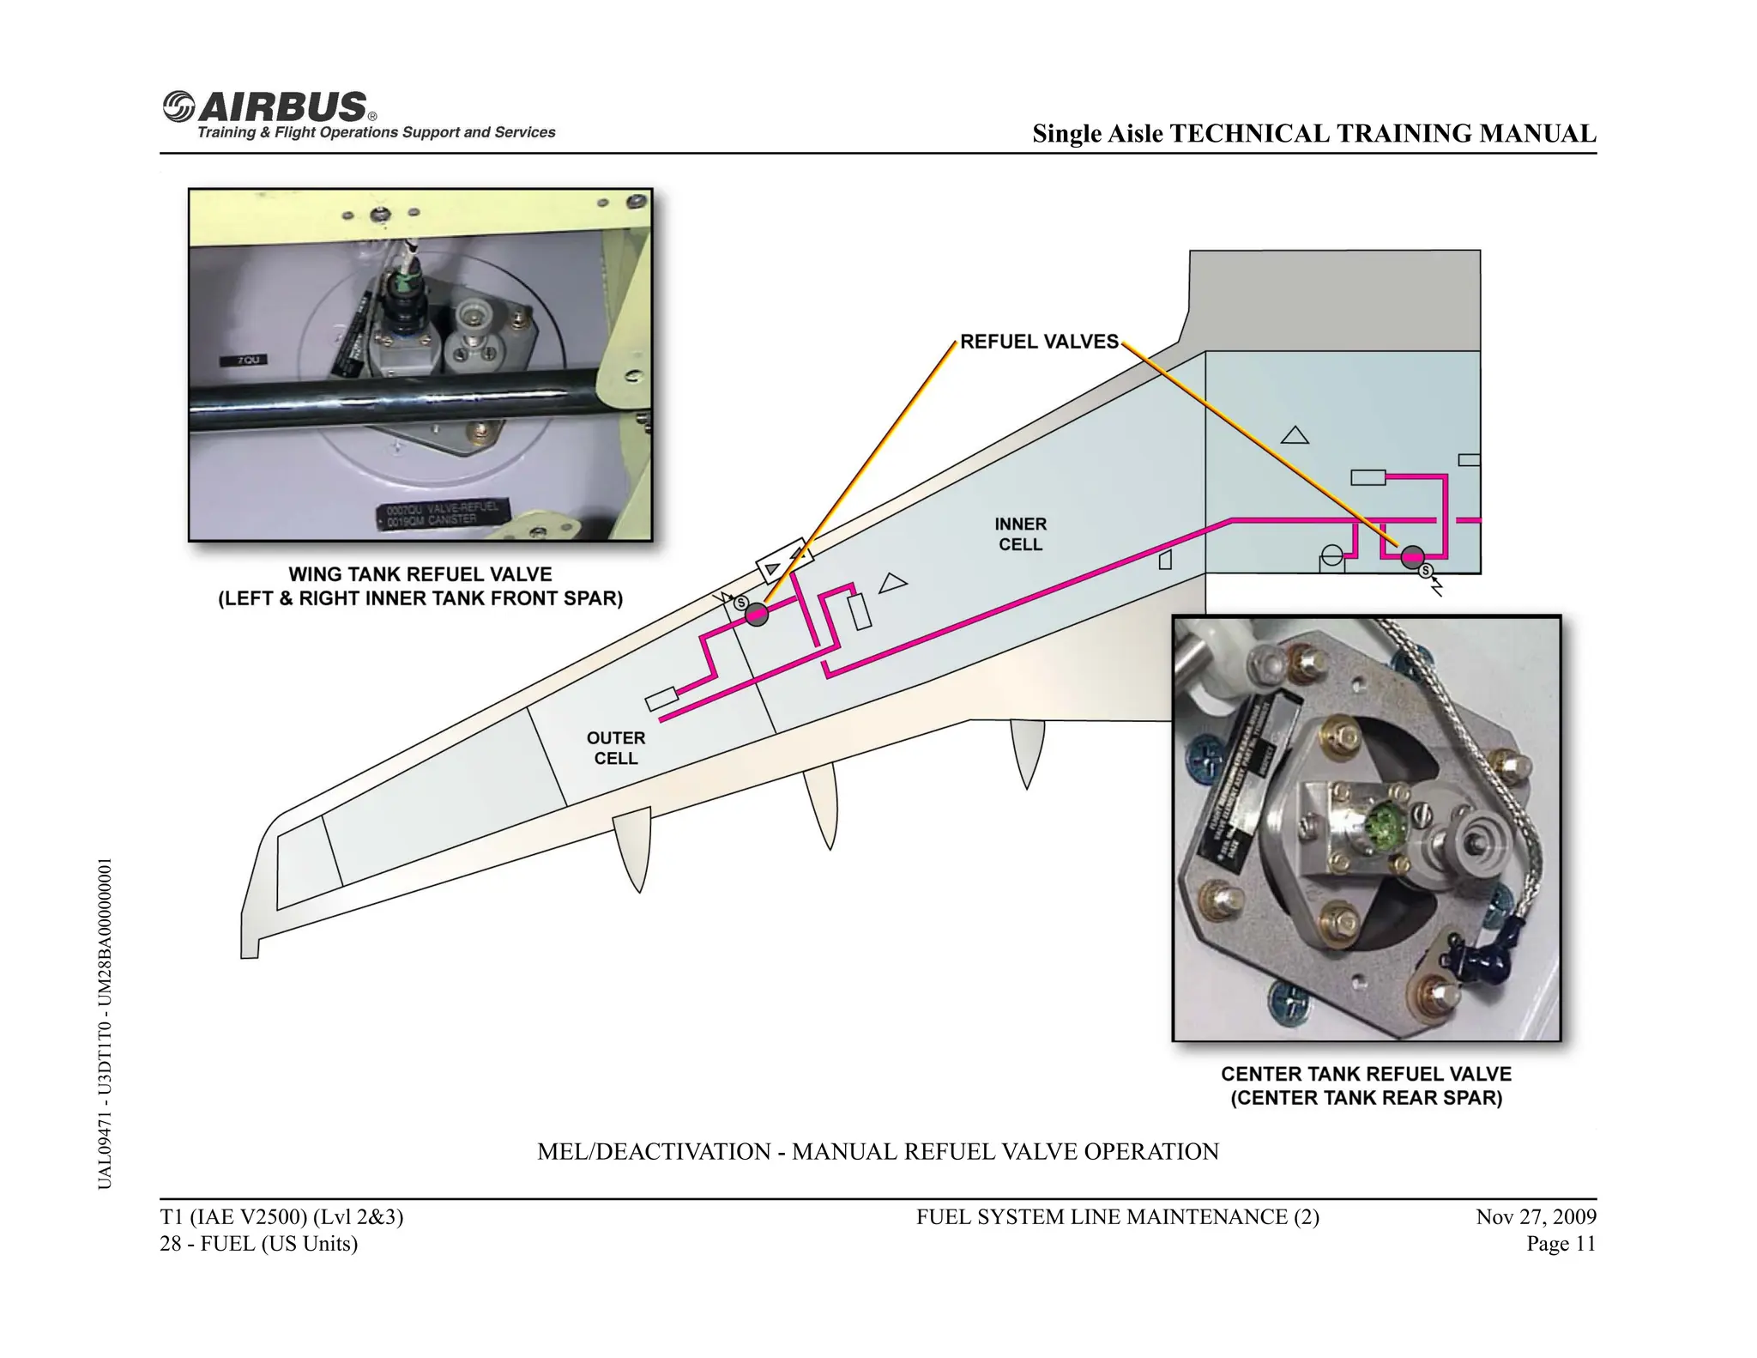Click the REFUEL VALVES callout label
tap(1039, 342)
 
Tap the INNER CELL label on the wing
tap(1020, 534)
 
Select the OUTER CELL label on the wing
tap(615, 748)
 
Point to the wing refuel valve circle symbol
tap(757, 615)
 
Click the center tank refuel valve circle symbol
tap(1412, 558)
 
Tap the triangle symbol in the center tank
tap(1295, 435)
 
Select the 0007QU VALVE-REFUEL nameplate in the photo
tap(443, 513)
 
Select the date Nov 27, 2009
tap(1536, 1216)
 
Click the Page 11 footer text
tap(1561, 1244)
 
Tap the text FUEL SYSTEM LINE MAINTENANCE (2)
tap(1117, 1216)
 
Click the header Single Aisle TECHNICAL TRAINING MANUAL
tap(1313, 134)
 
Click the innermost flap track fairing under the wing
tap(1027, 751)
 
